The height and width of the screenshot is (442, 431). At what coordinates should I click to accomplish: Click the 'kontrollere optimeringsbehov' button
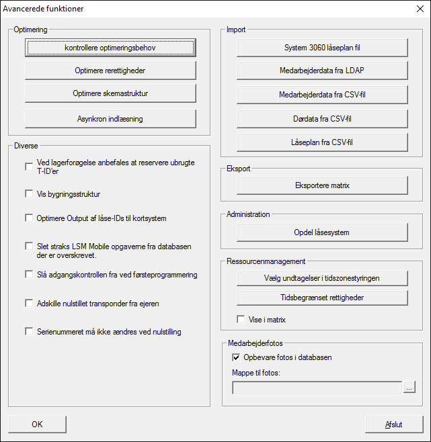tap(110, 48)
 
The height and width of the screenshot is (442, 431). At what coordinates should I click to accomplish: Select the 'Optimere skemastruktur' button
tap(110, 93)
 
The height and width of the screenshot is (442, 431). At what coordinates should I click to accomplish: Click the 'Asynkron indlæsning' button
tap(110, 119)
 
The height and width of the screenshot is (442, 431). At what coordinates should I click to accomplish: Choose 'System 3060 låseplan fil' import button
tap(322, 48)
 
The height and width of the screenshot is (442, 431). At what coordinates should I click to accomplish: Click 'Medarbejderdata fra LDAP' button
tap(322, 71)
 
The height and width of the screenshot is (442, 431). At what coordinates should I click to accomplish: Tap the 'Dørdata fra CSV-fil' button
tap(322, 119)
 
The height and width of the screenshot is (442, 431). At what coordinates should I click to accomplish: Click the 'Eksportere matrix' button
tap(322, 185)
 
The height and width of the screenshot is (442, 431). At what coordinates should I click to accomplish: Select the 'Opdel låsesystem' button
tap(322, 232)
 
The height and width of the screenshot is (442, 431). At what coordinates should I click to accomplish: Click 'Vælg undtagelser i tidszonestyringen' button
tap(322, 277)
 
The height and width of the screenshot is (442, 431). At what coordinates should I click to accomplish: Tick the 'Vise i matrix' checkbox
tap(241, 320)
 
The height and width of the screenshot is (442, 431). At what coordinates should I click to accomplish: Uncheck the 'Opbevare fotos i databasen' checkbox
tap(236, 357)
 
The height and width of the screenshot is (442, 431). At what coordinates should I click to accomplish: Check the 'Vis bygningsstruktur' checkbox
tap(29, 194)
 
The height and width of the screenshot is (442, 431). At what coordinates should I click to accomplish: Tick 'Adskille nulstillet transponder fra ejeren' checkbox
tap(29, 304)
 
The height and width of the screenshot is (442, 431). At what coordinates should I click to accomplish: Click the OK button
tap(37, 425)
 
